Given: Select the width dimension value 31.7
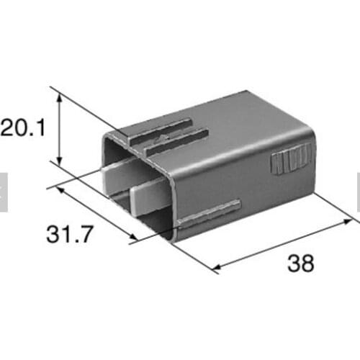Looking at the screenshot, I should click(x=70, y=234).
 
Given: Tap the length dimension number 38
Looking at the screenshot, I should click(x=300, y=264).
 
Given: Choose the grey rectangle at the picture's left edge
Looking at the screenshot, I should click(x=3, y=192).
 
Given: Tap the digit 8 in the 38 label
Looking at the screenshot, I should click(x=308, y=264).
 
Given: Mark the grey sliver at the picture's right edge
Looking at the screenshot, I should click(x=358, y=194).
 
